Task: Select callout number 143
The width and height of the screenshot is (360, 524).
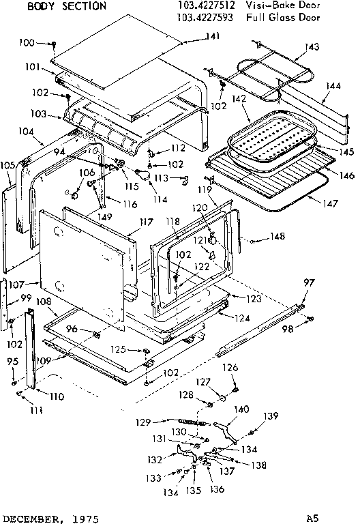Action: (x=312, y=47)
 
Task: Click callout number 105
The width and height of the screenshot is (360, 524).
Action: (x=8, y=164)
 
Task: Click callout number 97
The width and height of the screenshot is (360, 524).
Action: (x=310, y=282)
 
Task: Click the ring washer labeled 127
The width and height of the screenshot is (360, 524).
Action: (x=222, y=398)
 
